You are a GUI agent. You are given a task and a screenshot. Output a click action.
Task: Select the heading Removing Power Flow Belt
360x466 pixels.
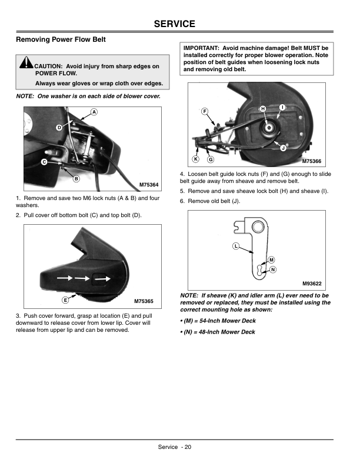[61, 40]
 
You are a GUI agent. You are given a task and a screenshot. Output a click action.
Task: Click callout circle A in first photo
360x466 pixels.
[94, 112]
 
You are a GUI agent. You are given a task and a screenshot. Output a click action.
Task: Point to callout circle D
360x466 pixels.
[59, 128]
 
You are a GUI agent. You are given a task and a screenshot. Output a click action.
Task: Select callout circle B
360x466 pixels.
[76, 179]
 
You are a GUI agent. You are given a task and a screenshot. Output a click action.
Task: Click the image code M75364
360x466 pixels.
[149, 185]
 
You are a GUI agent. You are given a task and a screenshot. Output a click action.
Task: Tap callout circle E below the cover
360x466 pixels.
[65, 300]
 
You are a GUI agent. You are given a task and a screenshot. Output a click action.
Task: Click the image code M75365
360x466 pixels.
[144, 301]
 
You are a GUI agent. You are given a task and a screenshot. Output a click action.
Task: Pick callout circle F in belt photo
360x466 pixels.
[205, 111]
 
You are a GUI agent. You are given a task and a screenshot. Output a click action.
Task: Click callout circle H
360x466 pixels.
[263, 109]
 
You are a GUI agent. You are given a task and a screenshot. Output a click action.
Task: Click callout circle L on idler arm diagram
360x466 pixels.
[235, 245]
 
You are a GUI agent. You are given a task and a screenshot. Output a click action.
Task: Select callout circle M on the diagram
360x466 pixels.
[271, 260]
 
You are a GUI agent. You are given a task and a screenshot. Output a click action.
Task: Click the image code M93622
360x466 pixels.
[314, 283]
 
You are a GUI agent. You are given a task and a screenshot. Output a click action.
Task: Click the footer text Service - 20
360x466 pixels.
[174, 447]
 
